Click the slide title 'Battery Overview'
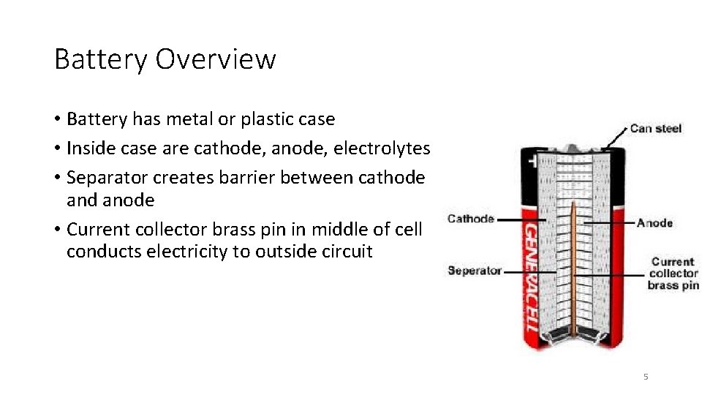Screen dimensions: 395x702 point(165,59)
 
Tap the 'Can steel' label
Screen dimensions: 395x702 point(655,129)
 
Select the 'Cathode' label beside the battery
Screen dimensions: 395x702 point(471,219)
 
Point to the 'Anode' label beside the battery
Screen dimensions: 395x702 point(654,222)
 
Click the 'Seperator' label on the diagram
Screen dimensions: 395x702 point(475,271)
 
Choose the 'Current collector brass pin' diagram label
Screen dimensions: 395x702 point(673,273)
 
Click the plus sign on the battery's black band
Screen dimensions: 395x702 point(526,158)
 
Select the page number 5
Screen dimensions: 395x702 point(646,377)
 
